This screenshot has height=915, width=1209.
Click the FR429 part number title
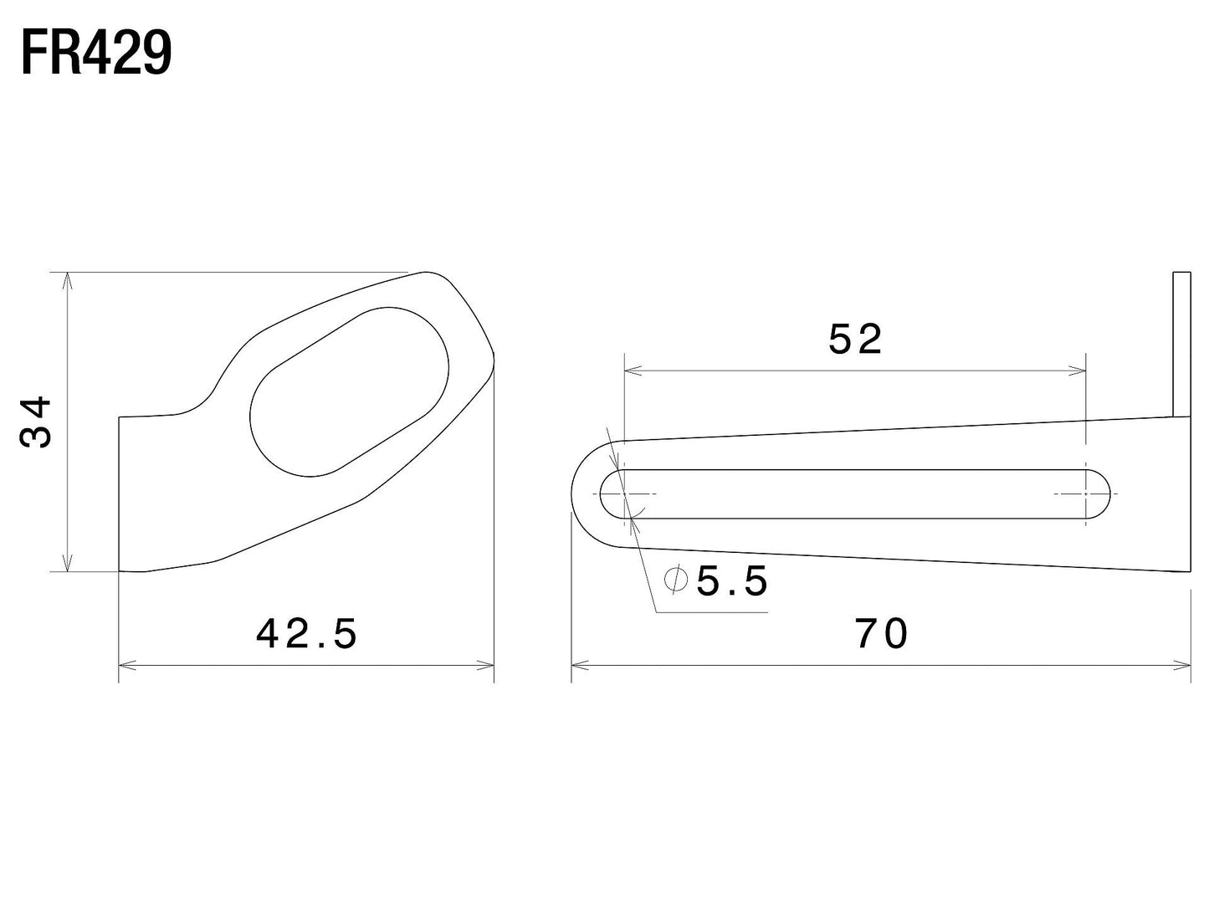[96, 54]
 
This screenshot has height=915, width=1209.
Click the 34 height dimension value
[36, 422]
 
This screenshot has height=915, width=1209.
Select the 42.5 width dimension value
[307, 634]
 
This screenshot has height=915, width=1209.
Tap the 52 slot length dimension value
[855, 340]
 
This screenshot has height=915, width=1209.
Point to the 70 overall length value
[881, 634]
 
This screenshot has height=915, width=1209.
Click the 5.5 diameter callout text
[732, 581]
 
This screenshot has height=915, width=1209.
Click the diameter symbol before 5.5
[674, 578]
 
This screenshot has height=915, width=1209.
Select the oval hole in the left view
[350, 391]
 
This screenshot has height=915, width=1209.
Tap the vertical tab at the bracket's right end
[1181, 344]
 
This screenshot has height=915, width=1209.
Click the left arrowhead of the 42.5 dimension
[126, 666]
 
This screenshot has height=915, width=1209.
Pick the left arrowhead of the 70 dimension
[578, 666]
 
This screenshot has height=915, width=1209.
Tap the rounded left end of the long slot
[612, 493]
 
